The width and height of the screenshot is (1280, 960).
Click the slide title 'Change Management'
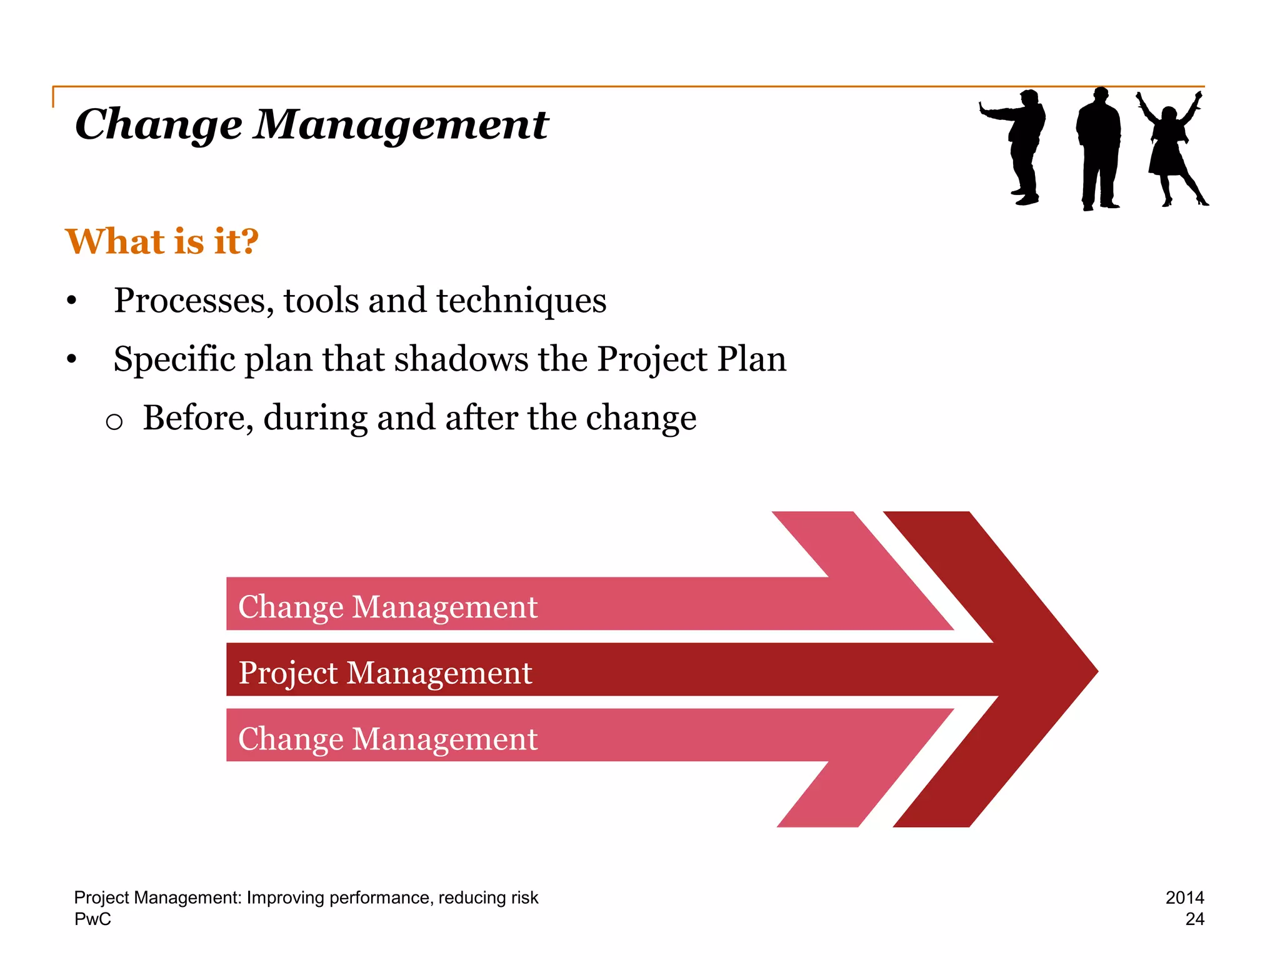pos(311,124)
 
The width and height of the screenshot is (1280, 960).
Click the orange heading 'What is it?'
pos(162,241)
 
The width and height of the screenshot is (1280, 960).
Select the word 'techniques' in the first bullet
pos(521,301)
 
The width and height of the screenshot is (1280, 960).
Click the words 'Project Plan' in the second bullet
pos(691,359)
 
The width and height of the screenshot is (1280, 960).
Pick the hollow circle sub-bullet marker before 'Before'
pos(114,422)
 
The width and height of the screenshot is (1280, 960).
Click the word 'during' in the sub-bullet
pos(315,417)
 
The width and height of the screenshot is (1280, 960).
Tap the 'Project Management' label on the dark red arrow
pos(385,673)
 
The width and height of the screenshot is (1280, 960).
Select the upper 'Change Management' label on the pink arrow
pos(387,607)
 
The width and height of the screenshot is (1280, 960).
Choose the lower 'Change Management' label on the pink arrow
pos(387,739)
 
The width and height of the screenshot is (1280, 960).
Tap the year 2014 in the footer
pos(1184,897)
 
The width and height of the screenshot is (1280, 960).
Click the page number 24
pos(1194,919)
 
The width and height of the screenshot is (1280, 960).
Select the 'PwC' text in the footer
pos(92,919)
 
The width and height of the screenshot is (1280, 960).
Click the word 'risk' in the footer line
pos(524,897)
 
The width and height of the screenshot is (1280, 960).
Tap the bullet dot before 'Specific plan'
pos(72,359)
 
